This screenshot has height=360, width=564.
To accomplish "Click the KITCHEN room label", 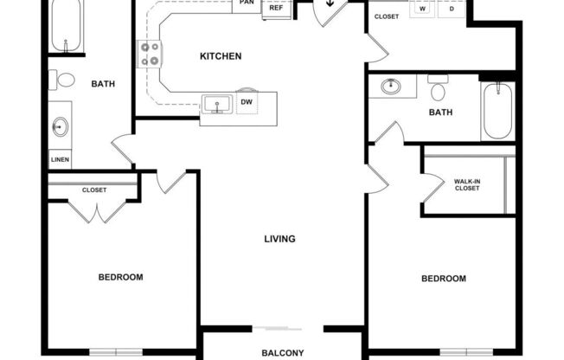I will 221,56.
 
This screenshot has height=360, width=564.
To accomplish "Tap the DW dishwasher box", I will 247,102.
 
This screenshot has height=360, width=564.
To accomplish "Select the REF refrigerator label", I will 277,8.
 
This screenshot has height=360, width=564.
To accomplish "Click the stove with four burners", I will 150,55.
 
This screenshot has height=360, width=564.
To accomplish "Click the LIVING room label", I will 281,239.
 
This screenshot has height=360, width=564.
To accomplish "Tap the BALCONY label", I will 283,352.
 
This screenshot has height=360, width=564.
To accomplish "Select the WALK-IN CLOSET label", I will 466,185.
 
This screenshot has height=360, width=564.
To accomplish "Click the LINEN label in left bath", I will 60,160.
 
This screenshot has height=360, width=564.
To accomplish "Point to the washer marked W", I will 424,9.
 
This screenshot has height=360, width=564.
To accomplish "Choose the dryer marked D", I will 452,9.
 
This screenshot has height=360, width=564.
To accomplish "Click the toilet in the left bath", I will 64,80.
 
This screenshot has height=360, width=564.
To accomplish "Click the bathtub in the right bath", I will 497,111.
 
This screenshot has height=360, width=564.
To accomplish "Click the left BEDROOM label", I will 120,277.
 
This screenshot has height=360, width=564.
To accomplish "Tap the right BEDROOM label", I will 444,279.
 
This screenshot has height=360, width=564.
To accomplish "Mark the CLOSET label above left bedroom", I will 94,190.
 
